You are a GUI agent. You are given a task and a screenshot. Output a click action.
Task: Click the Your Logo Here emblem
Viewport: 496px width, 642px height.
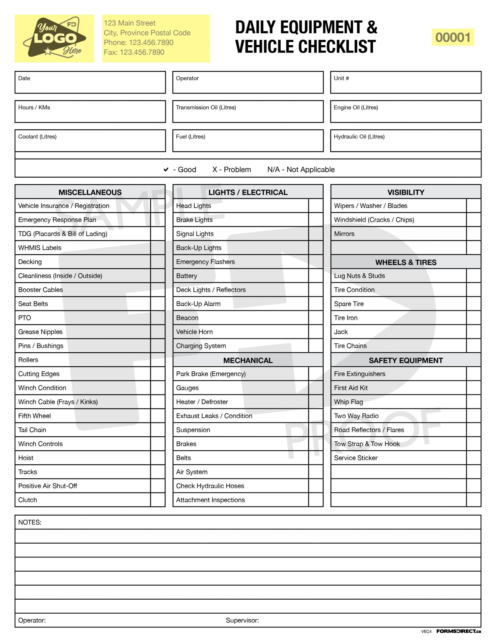coord(54,38)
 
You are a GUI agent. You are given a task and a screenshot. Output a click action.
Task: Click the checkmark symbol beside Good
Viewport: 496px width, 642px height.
coord(166,170)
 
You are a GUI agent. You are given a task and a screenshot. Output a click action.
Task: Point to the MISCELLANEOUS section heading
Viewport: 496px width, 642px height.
coord(90,192)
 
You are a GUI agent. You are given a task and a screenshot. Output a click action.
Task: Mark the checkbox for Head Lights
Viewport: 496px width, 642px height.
coord(315,206)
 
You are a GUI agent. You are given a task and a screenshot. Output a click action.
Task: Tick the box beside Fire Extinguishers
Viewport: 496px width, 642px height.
coord(473,374)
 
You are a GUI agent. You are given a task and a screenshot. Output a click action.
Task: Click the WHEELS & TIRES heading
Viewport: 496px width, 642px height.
coord(405,262)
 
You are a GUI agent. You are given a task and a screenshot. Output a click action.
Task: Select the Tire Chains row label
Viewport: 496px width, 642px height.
coord(350,346)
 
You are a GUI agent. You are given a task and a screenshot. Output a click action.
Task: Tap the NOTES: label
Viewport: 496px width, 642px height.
coord(30,522)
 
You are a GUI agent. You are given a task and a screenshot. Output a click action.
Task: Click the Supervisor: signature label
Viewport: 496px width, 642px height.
coord(242,620)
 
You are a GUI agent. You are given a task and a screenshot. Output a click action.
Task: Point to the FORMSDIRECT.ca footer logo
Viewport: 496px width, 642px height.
coord(458,631)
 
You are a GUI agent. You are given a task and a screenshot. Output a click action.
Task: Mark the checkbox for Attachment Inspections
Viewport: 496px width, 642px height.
coord(315,500)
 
